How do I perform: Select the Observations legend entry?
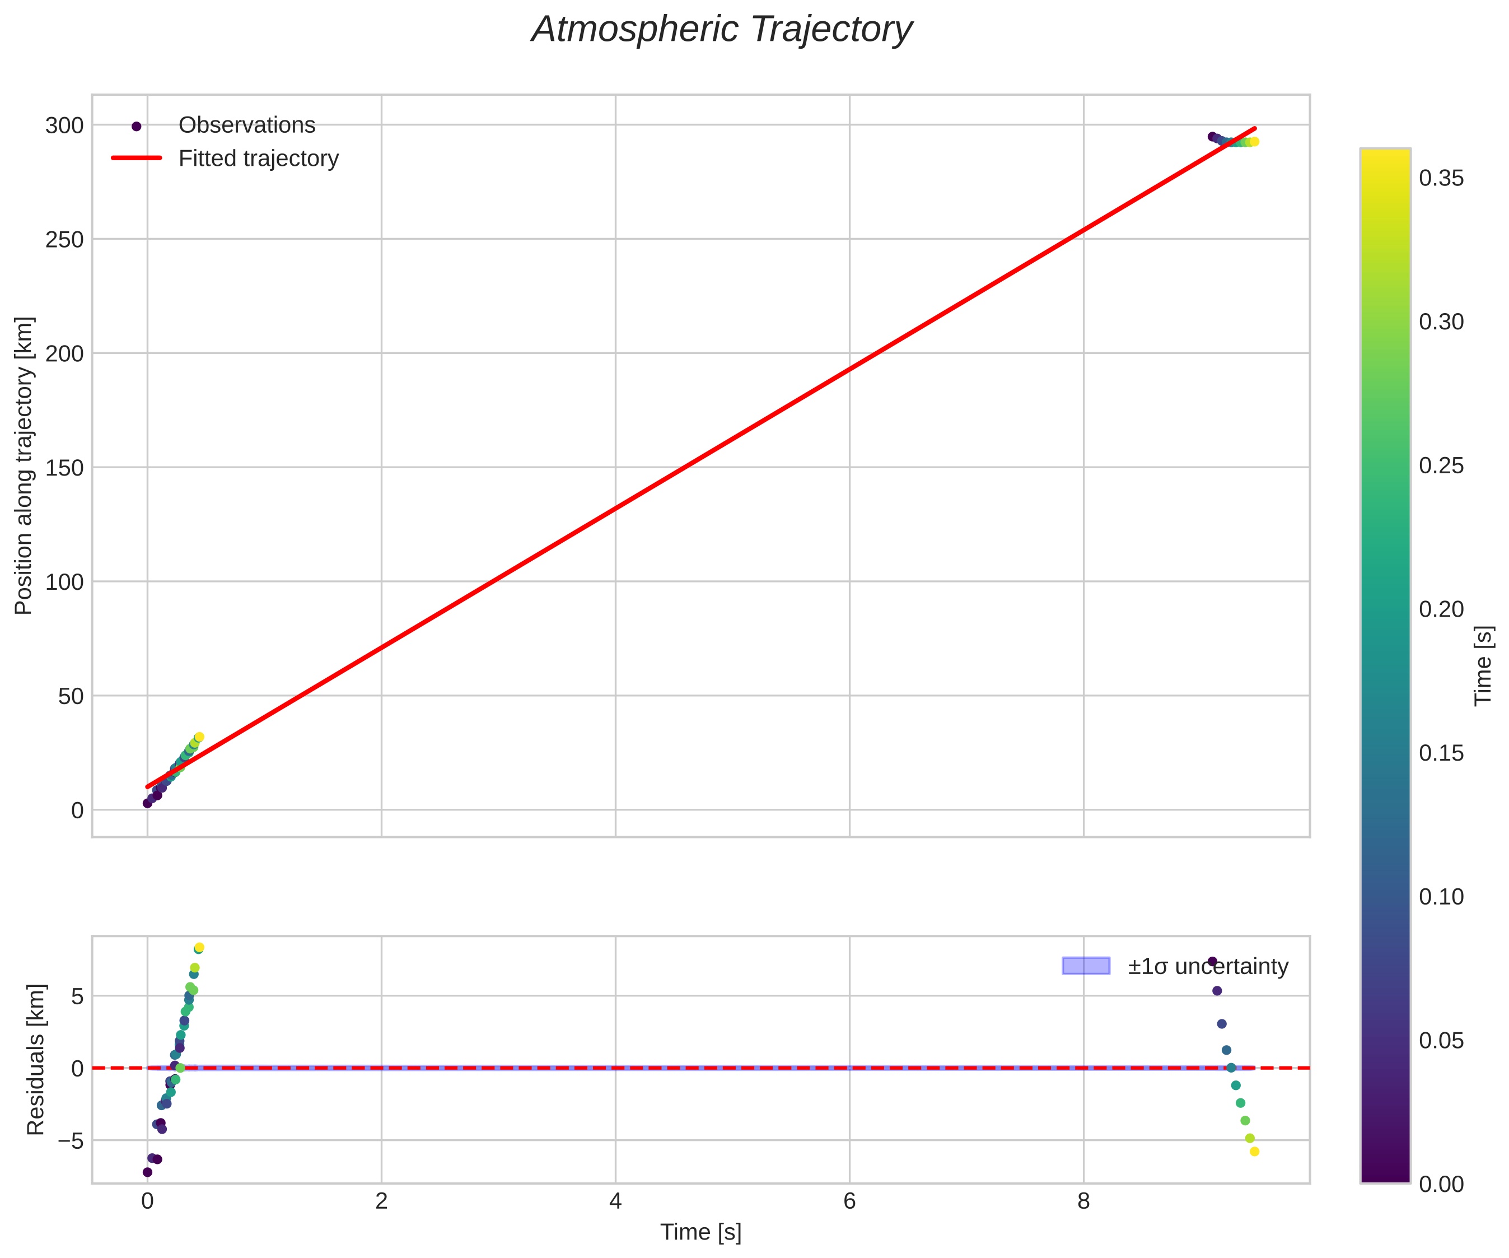click(x=246, y=125)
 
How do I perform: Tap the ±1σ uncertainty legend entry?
click(x=1208, y=966)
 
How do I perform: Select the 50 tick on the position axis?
click(x=69, y=696)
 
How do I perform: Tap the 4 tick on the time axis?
click(x=615, y=1202)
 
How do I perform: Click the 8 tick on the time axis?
click(x=1083, y=1202)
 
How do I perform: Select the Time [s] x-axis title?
click(x=700, y=1232)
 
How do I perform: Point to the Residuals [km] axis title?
click(x=35, y=1060)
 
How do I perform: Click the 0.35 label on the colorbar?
click(x=1441, y=178)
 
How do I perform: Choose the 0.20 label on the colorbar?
click(x=1441, y=609)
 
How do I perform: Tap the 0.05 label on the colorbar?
click(x=1441, y=1041)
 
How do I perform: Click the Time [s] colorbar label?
click(x=1483, y=665)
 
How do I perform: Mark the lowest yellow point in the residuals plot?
click(x=1255, y=1152)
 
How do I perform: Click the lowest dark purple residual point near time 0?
click(x=147, y=1172)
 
